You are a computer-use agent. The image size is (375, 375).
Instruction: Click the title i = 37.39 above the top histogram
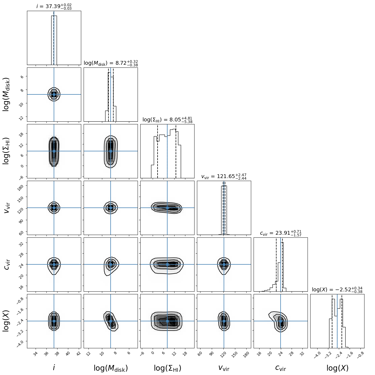pyautogui.click(x=54, y=6)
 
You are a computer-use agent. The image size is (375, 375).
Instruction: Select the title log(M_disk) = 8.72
pyautogui.click(x=111, y=63)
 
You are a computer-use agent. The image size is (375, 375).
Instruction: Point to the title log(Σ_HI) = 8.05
pyautogui.click(x=167, y=120)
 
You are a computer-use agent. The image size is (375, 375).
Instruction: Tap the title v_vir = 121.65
pyautogui.click(x=224, y=177)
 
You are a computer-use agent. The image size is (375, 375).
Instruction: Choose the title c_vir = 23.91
pyautogui.click(x=281, y=233)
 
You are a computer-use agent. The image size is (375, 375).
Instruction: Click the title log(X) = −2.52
pyautogui.click(x=337, y=290)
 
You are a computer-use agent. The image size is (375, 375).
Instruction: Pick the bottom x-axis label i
pyautogui.click(x=54, y=367)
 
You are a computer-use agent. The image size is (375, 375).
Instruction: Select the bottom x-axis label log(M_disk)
pyautogui.click(x=111, y=368)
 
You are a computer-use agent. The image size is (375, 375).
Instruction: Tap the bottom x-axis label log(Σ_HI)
pyautogui.click(x=167, y=368)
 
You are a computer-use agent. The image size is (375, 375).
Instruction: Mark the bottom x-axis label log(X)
pyautogui.click(x=337, y=368)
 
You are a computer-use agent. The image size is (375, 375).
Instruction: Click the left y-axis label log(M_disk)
pyautogui.click(x=6, y=94)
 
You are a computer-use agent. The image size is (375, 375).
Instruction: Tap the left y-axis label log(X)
pyautogui.click(x=6, y=321)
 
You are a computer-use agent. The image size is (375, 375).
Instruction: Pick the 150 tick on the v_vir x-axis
pyautogui.click(x=235, y=354)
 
